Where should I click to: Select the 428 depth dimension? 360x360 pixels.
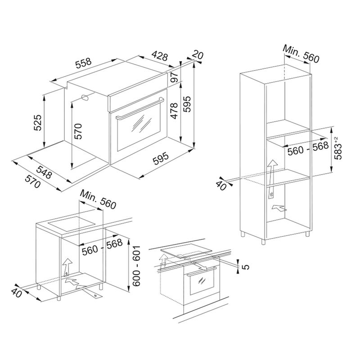(160, 56)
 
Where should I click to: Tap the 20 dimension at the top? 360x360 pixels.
(198, 55)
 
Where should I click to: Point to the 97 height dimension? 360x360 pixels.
(174, 77)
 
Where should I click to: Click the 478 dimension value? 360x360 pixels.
(174, 111)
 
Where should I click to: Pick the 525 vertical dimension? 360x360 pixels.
(37, 122)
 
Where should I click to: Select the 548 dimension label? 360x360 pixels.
(44, 171)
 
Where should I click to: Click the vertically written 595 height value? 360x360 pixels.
(187, 104)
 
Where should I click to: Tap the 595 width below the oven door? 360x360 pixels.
(161, 158)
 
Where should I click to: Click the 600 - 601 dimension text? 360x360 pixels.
(136, 265)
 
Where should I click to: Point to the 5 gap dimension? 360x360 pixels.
(246, 267)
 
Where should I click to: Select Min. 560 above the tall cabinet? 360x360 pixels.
(301, 54)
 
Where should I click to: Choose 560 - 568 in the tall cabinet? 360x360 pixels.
(308, 148)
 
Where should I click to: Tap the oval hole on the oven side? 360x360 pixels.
(85, 97)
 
